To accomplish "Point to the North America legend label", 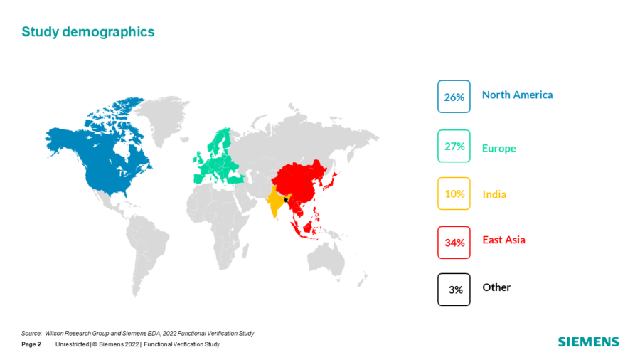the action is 518,95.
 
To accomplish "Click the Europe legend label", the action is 498,148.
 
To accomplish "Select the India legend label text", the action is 494,194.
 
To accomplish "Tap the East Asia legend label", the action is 503,240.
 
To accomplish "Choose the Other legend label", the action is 496,287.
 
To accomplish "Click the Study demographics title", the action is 88,32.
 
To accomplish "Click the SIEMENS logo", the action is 589,342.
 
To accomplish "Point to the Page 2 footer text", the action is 31,344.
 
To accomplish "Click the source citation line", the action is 137,334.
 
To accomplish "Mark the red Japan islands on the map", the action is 330,181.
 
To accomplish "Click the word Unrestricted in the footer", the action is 73,344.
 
